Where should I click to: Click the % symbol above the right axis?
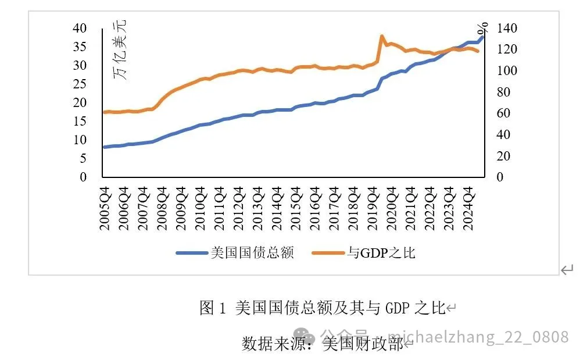point(482,27)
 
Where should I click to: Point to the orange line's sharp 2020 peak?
point(382,36)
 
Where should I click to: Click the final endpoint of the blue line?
point(482,37)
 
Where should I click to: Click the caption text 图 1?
point(212,308)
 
